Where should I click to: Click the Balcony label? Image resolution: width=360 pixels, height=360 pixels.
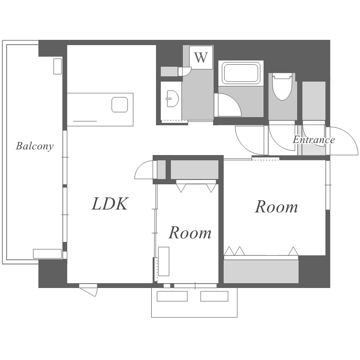tap(35, 146)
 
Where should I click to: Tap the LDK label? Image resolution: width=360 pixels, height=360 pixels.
tap(110, 204)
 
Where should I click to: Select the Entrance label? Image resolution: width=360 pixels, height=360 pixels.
tap(313, 140)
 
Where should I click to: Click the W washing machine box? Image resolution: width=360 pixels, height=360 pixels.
tap(201, 58)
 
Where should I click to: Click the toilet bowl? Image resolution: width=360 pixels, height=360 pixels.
tap(282, 87)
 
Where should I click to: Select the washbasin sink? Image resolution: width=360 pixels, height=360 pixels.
tap(172, 98)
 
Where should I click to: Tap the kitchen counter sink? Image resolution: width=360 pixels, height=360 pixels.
tap(120, 105)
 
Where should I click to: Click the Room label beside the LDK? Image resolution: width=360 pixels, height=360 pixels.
tap(190, 233)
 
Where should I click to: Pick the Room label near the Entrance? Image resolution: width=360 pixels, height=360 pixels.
tap(276, 206)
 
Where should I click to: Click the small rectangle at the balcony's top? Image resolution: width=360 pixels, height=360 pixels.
tap(58, 66)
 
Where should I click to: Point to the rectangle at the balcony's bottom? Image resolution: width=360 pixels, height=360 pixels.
tap(48, 254)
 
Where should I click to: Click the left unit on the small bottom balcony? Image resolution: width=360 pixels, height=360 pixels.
tap(172, 296)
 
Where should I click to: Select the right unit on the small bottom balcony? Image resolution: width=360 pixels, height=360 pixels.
tap(214, 296)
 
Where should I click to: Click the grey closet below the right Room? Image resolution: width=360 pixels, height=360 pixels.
tap(261, 271)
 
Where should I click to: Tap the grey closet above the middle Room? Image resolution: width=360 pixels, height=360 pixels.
tap(194, 169)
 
